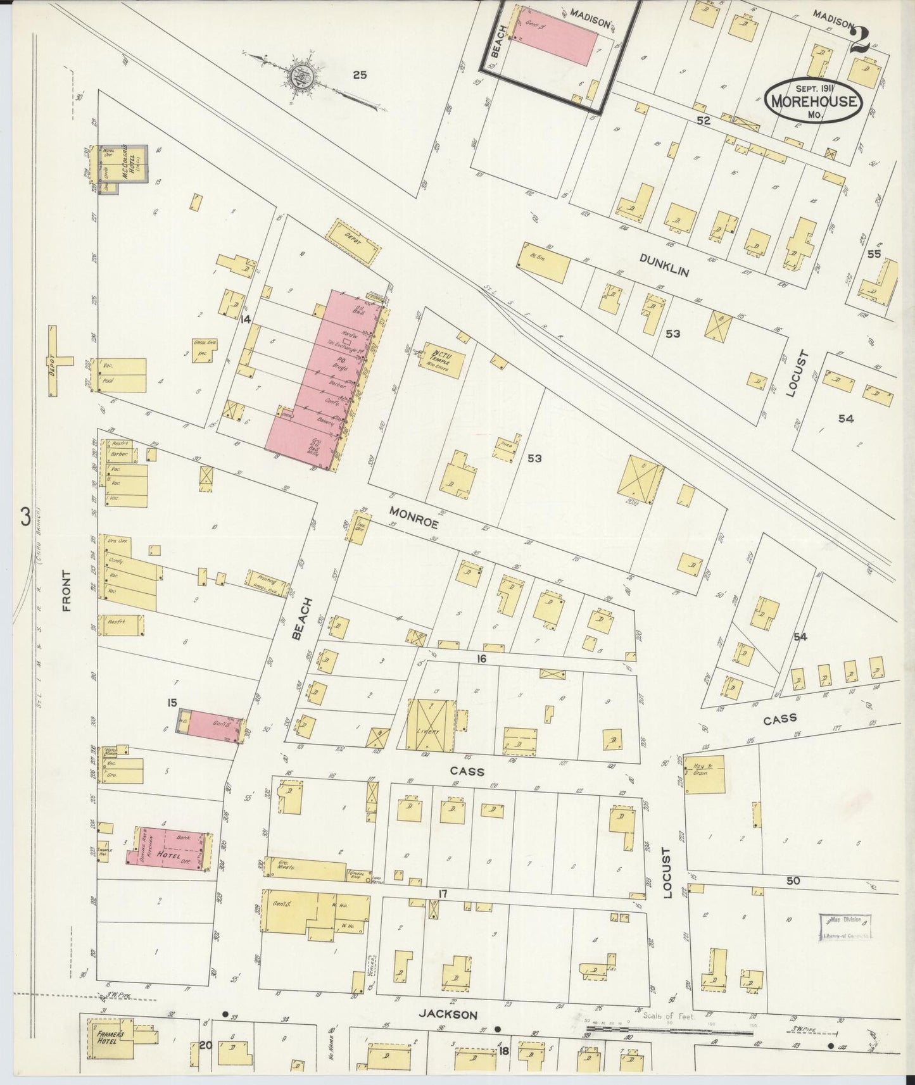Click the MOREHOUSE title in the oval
(x=813, y=101)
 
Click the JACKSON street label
(x=448, y=1015)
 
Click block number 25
(x=360, y=75)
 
